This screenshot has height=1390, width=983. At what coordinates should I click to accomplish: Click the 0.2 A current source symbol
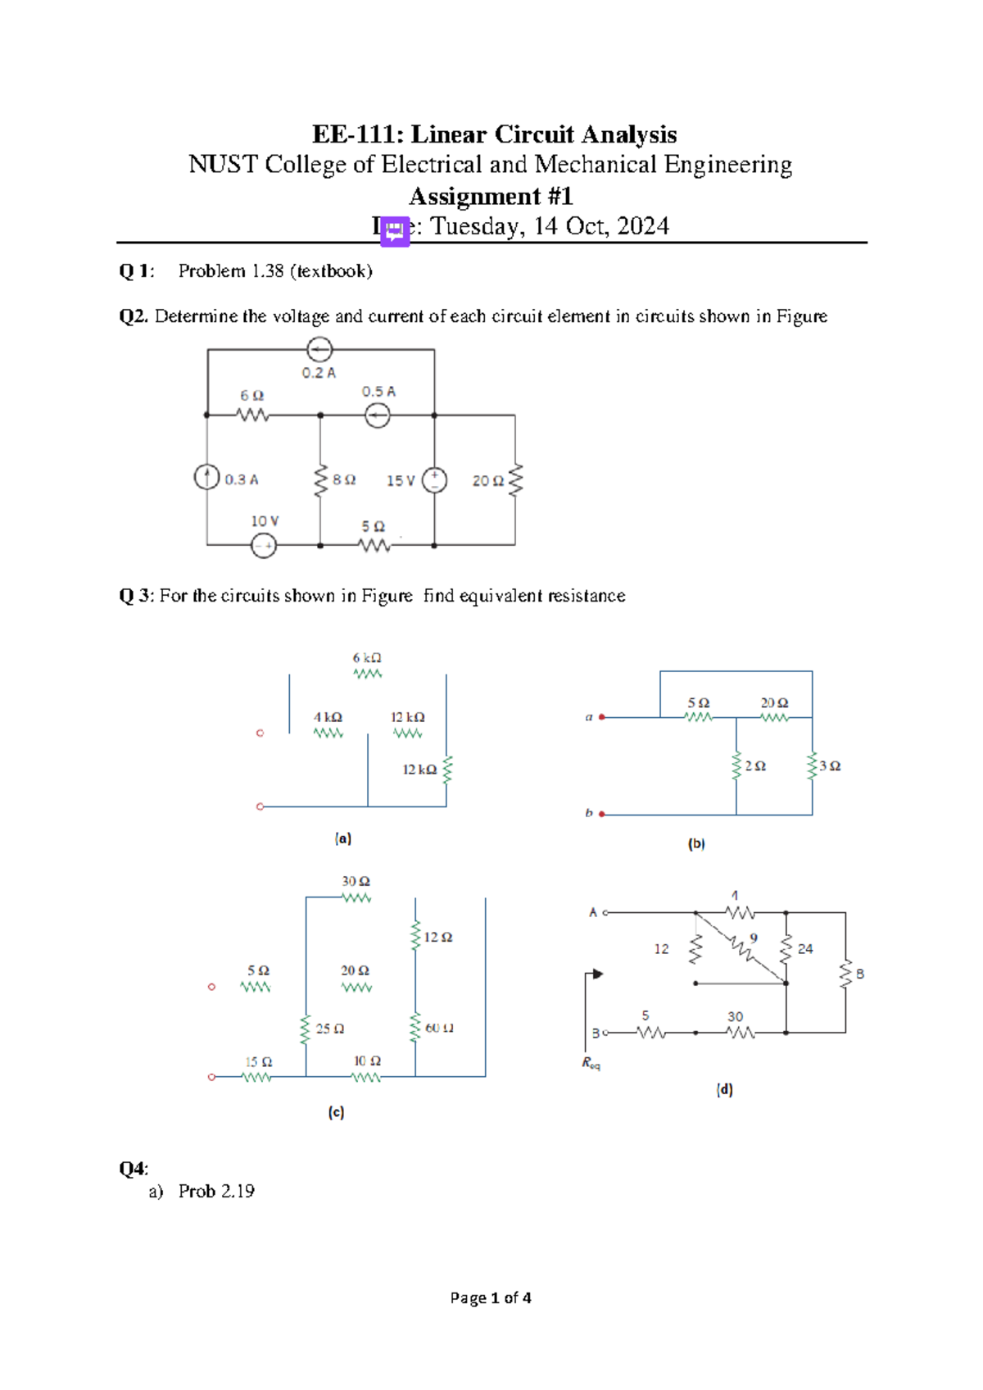(x=319, y=350)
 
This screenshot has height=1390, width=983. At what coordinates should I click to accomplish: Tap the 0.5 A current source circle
(x=378, y=416)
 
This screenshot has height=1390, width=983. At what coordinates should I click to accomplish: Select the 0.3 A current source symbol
(x=206, y=477)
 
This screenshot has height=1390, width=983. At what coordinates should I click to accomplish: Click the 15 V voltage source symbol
(x=434, y=479)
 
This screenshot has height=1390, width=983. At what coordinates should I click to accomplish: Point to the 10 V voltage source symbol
(x=264, y=545)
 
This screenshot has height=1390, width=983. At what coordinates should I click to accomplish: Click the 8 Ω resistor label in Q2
(x=344, y=480)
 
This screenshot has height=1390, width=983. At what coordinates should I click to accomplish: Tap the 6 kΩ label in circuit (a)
(x=367, y=658)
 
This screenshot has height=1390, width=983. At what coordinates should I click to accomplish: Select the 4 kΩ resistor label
(x=328, y=717)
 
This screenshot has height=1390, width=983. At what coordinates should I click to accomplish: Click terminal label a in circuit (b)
(x=588, y=717)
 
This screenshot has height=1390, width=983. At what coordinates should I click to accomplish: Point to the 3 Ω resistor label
(x=830, y=765)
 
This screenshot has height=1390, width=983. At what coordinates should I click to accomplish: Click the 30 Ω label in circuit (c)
(x=356, y=882)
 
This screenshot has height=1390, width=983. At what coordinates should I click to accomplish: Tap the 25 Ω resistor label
(x=330, y=1029)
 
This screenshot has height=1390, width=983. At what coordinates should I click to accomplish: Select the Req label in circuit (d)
(x=591, y=1064)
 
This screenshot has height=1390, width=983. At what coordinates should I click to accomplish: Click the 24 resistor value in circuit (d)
(x=805, y=949)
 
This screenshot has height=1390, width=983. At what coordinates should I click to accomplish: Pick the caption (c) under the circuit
(x=336, y=1112)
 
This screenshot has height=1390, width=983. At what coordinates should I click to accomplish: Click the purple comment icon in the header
(x=395, y=231)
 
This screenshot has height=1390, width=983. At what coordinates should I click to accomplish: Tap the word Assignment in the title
(x=474, y=197)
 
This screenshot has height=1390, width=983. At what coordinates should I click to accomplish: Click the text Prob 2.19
(x=216, y=1191)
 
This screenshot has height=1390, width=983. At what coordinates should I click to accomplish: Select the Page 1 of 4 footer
(x=491, y=1297)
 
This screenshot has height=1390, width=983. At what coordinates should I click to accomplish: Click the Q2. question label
(x=134, y=316)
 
